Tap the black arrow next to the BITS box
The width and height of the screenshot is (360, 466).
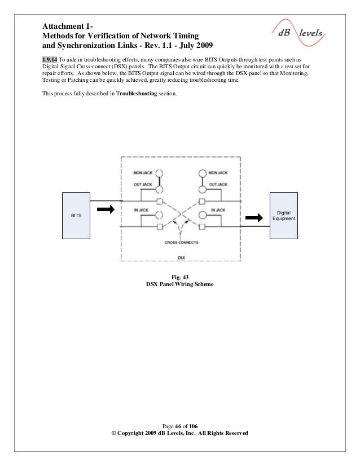coord(106,210)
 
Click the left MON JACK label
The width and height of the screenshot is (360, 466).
coord(142,172)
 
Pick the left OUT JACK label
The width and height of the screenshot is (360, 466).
coord(143,184)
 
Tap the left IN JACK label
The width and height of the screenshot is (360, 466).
coord(141,210)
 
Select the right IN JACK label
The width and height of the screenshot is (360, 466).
coord(218,210)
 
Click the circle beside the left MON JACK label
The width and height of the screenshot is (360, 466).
coord(160,174)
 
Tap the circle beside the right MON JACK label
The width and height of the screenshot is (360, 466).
coord(202,174)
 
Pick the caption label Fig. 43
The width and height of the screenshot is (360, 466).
coord(180,276)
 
